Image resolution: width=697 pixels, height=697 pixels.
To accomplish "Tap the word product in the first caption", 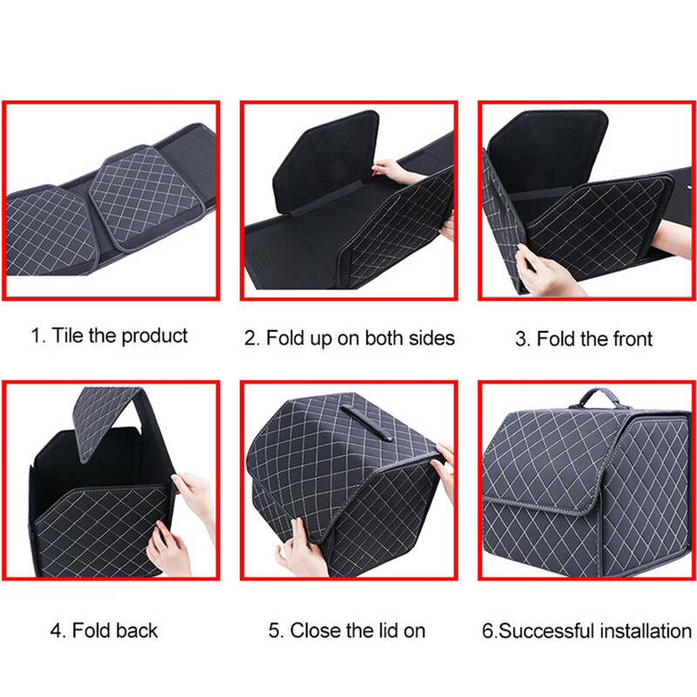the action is pyautogui.click(x=154, y=336).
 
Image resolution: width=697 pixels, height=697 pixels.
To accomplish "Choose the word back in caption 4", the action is pyautogui.click(x=136, y=631).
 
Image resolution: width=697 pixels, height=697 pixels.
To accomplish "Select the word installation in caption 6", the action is pyautogui.click(x=646, y=631).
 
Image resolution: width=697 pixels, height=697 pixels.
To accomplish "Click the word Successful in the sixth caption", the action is pyautogui.click(x=547, y=631).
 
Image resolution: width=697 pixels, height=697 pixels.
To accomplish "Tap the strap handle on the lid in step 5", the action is pyautogui.click(x=366, y=423).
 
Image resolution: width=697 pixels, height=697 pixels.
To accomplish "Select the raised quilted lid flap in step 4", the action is pyautogui.click(x=106, y=419).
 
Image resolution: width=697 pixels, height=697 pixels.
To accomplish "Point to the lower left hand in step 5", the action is pyautogui.click(x=299, y=549).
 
